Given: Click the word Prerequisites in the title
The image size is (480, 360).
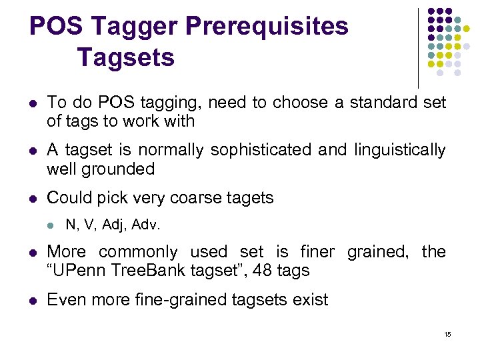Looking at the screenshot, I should click(267, 27).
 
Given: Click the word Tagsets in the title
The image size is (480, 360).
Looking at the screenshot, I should click(125, 57).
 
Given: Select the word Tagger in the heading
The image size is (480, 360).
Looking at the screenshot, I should click(136, 27).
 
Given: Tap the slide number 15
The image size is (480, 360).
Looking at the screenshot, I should click(447, 333).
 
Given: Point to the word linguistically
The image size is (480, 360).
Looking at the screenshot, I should click(399, 150).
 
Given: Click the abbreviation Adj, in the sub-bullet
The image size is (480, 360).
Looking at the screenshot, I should click(120, 225).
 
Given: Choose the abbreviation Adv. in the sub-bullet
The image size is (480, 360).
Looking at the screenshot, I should click(147, 225).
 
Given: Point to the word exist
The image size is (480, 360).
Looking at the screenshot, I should click(311, 300).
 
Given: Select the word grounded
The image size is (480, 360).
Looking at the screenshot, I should click(118, 169).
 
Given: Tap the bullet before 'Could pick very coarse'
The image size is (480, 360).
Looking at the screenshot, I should click(32, 199).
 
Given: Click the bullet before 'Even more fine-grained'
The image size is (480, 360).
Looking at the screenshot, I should click(32, 301).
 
